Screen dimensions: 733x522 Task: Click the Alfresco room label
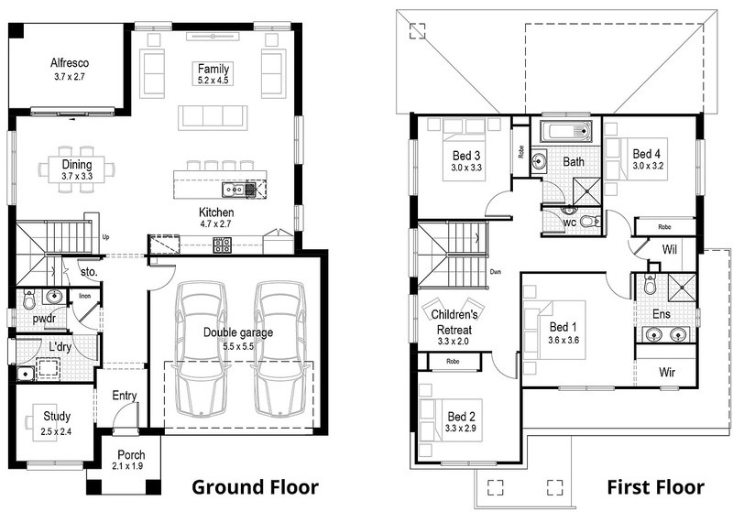(70, 63)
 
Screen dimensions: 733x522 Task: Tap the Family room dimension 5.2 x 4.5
(213, 81)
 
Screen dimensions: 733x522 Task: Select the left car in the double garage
(201, 349)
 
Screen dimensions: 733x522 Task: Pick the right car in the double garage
(280, 349)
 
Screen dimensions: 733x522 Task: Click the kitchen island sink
(233, 190)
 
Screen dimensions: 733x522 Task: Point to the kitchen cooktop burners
(222, 245)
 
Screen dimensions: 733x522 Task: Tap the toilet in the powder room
(29, 299)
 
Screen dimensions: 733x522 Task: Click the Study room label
(57, 416)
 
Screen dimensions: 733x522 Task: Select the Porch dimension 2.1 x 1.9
(127, 466)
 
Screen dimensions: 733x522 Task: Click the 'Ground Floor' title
(256, 487)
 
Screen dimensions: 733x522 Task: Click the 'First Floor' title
(655, 487)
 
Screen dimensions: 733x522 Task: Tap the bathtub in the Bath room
(566, 131)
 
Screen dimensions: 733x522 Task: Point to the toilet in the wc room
(590, 221)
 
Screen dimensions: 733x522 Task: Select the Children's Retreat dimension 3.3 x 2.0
(453, 342)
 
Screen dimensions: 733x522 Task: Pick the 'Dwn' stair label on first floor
(496, 271)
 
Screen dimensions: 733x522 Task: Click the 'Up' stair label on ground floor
(105, 237)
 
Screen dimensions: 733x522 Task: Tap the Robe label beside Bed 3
(521, 152)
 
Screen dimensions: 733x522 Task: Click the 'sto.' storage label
(89, 271)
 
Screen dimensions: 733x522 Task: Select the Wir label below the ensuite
(667, 373)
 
